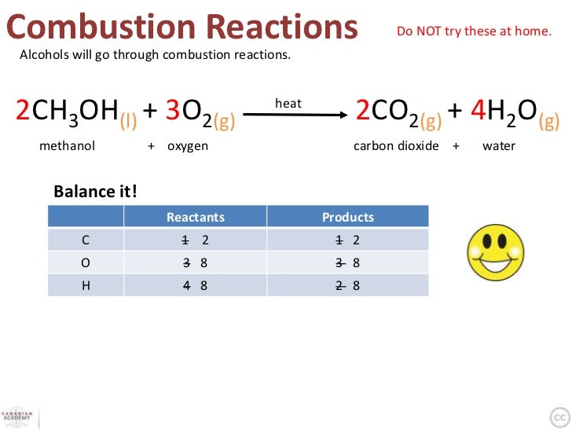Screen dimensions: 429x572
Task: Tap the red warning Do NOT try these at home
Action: pyautogui.click(x=474, y=32)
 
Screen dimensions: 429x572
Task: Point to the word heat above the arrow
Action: pyautogui.click(x=288, y=103)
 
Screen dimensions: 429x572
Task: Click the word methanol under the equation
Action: pyautogui.click(x=67, y=146)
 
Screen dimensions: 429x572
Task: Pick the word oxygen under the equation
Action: pyautogui.click(x=188, y=146)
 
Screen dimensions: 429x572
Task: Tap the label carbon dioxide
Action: pyautogui.click(x=396, y=146)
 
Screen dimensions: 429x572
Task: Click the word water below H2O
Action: pyautogui.click(x=499, y=146)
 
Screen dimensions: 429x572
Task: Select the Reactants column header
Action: pyautogui.click(x=196, y=217)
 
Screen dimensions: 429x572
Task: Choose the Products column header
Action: pyautogui.click(x=348, y=217)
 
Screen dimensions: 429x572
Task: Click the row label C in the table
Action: pyautogui.click(x=86, y=240)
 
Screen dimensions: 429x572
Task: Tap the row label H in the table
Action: pyautogui.click(x=86, y=285)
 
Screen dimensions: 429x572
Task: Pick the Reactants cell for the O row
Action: pyautogui.click(x=196, y=262)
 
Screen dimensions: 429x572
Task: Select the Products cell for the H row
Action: pyautogui.click(x=348, y=285)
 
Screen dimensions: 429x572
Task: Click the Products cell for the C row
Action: pyautogui.click(x=348, y=240)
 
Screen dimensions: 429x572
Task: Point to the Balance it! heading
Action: pyautogui.click(x=95, y=192)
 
